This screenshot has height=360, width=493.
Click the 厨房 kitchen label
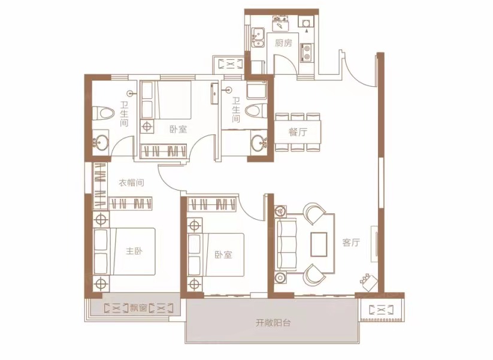(283, 43)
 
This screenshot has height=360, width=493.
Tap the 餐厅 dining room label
(298, 132)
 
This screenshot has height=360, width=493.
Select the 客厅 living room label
(351, 243)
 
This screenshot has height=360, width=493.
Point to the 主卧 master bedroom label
(134, 251)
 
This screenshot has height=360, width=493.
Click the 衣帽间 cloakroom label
(131, 183)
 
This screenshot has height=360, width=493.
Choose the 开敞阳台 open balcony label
(273, 323)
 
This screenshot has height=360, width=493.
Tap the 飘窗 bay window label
(138, 308)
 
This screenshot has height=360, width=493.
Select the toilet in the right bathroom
(256, 111)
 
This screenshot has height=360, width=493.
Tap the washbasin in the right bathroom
(259, 143)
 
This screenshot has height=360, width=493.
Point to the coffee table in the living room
(319, 244)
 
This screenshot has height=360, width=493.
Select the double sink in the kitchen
(258, 37)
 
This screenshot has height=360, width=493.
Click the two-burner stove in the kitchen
(307, 52)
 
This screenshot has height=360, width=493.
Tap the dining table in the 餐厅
(298, 132)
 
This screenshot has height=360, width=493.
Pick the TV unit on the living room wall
(374, 244)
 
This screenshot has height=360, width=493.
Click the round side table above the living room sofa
(280, 210)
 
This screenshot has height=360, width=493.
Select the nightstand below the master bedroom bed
(101, 284)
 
